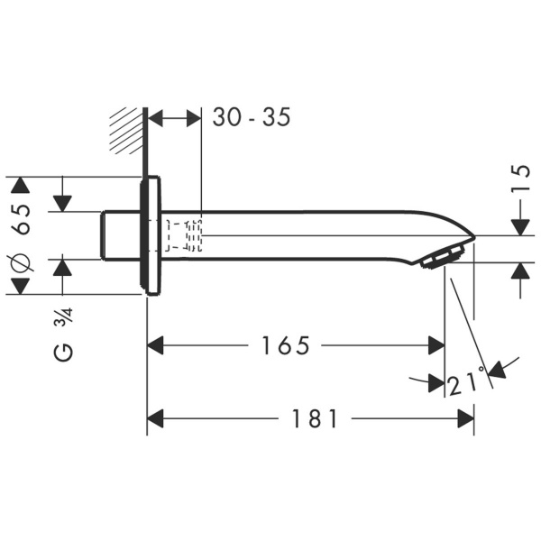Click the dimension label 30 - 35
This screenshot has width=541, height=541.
[252, 118]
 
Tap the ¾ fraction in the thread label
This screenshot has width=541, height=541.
[65, 318]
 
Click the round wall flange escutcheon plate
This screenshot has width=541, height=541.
[151, 235]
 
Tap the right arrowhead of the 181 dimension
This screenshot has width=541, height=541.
[466, 418]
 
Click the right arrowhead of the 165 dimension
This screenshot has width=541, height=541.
[436, 345]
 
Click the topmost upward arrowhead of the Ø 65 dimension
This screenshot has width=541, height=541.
[19, 185]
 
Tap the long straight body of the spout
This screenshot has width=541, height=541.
[307, 235]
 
